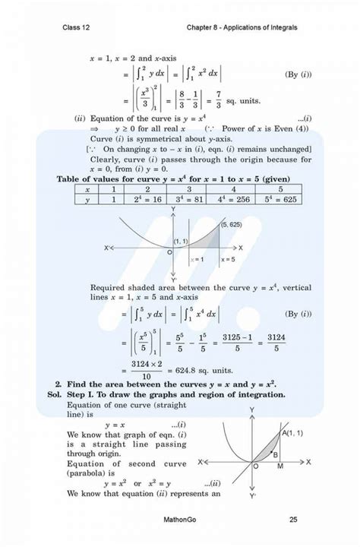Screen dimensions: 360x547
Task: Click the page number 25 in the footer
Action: click(293, 520)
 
